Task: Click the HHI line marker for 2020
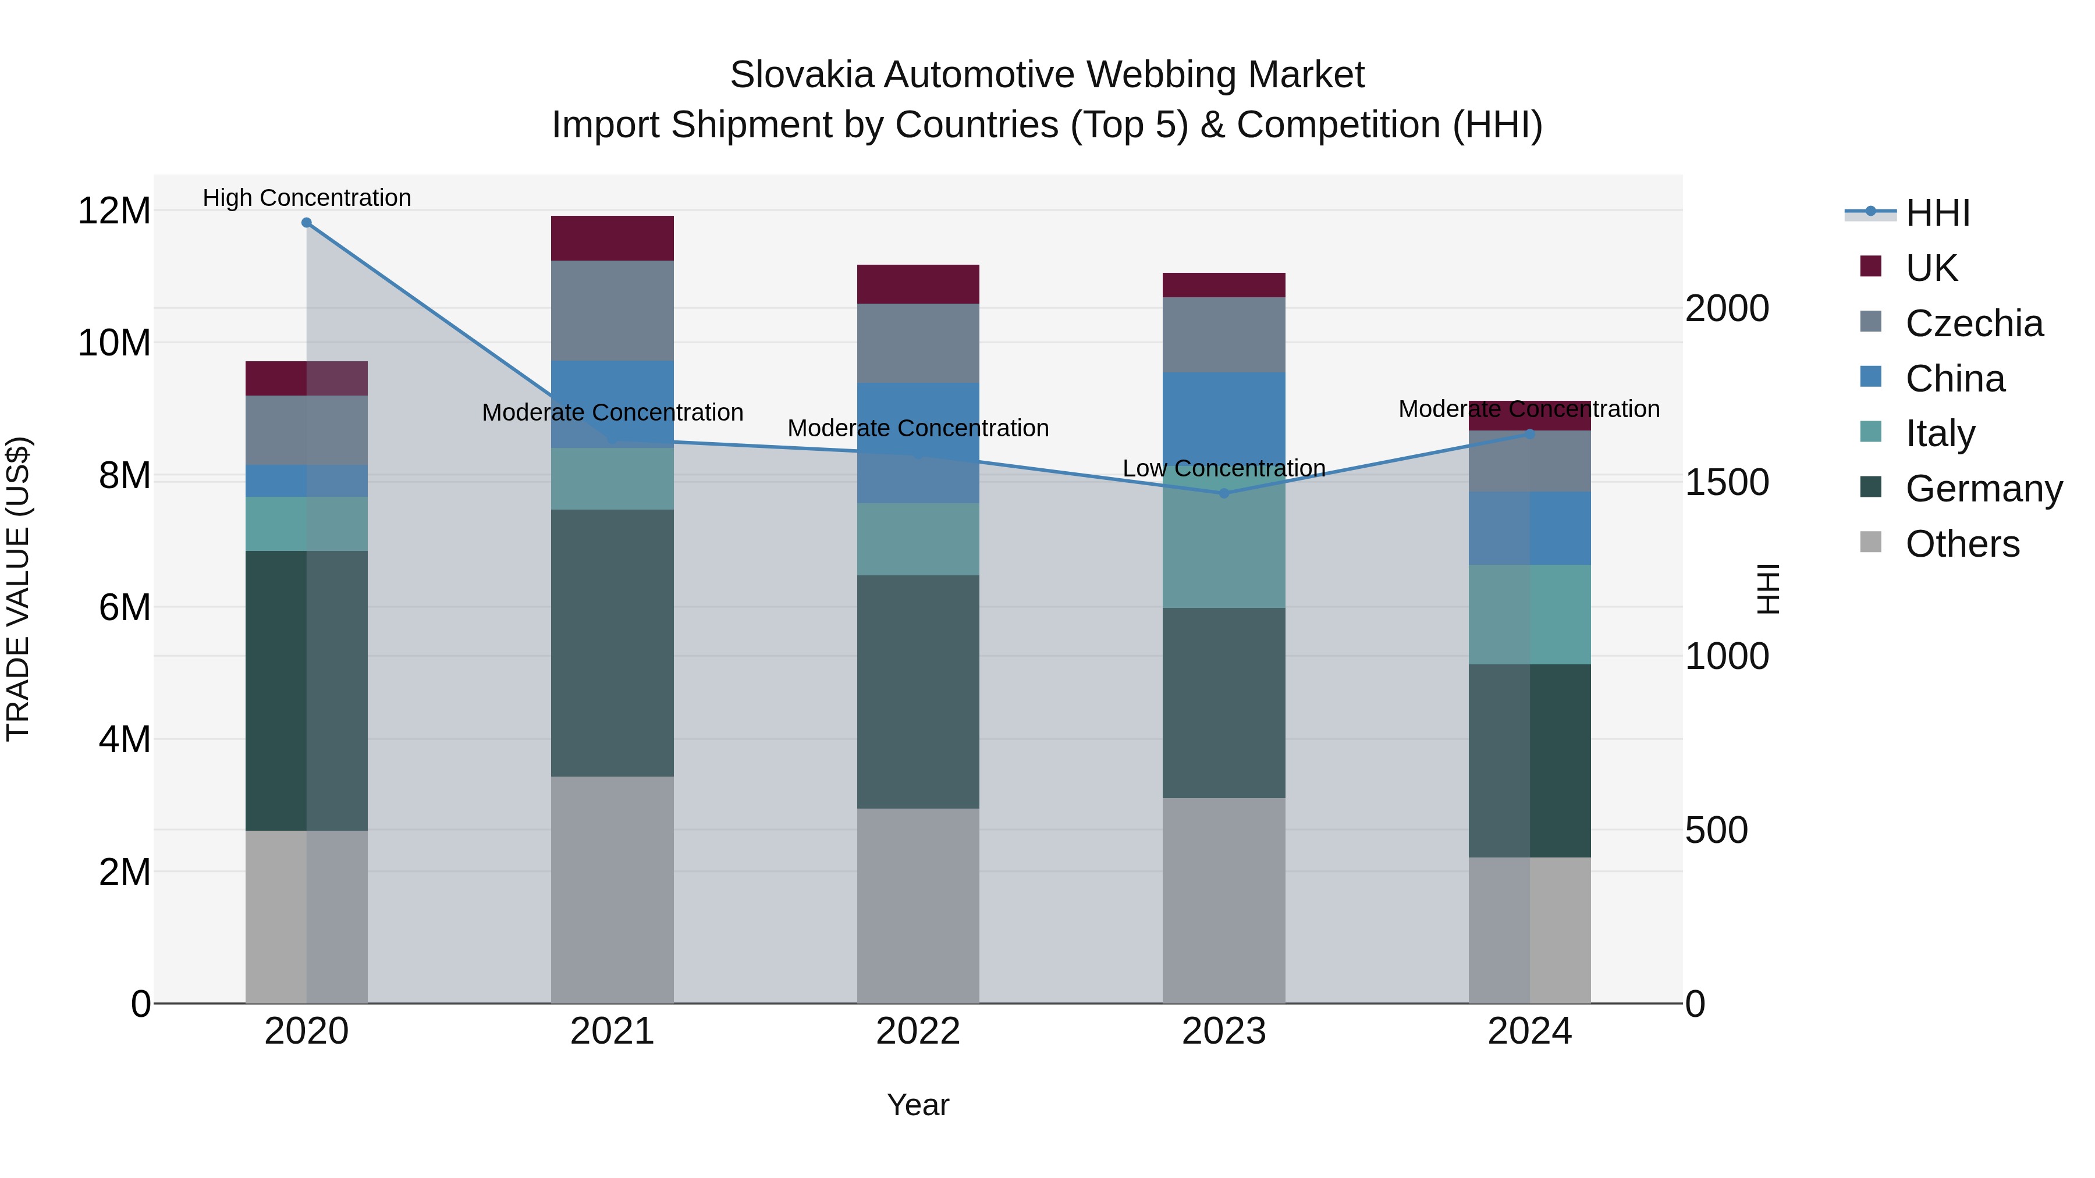[x=307, y=223]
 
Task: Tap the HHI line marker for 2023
[x=1224, y=493]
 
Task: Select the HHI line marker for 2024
[x=1530, y=434]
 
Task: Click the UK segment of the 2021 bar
[x=612, y=238]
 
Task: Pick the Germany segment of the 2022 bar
[x=918, y=691]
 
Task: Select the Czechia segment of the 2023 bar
[x=1224, y=335]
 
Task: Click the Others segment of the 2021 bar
[x=612, y=889]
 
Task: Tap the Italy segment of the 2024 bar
[x=1530, y=615]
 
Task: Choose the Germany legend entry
[x=1983, y=489]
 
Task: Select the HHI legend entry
[x=1937, y=213]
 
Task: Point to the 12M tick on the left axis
[x=114, y=211]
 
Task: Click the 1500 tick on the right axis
[x=1727, y=483]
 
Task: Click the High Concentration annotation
[x=307, y=198]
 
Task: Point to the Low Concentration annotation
[x=1224, y=468]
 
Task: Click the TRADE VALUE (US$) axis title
[x=18, y=589]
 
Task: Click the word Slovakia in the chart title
[x=801, y=75]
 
